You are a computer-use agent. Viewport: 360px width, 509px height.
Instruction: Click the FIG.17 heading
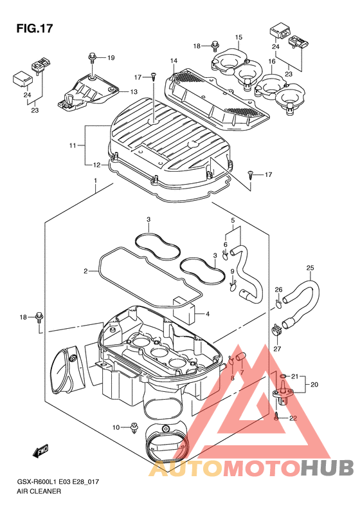[x=34, y=28]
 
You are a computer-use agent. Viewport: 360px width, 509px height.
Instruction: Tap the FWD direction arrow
[x=40, y=451]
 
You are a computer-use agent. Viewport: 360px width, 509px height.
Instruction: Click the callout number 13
[x=134, y=92]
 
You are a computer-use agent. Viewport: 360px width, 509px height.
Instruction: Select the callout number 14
[x=174, y=60]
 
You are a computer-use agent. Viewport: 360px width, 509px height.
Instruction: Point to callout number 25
[x=310, y=268]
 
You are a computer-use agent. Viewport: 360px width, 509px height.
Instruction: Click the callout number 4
[x=208, y=314]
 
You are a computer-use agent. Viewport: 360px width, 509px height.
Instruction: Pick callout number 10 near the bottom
[x=116, y=427]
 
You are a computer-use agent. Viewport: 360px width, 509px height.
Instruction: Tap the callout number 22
[x=293, y=418]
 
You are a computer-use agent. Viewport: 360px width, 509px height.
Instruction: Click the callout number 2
[x=85, y=271]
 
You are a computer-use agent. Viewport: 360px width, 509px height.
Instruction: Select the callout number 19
[x=111, y=58]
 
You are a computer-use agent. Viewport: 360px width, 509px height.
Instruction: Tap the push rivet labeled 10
[x=134, y=428]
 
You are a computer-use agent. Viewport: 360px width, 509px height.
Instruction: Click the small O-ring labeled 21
[x=283, y=376]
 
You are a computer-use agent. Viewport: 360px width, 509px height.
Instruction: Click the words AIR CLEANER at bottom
[x=39, y=491]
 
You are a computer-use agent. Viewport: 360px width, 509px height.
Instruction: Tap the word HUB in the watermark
[x=327, y=468]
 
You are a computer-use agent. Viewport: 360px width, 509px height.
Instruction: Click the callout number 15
[x=239, y=37]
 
